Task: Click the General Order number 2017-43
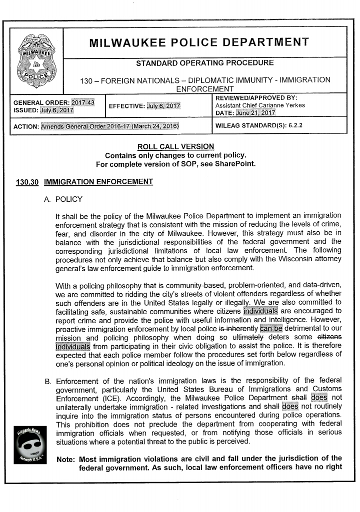pos(83,102)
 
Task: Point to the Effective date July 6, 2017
pos(163,106)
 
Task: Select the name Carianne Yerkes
pos(281,105)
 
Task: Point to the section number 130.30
pos(27,182)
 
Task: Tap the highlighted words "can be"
pos(271,328)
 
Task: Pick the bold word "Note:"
pos(66,459)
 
